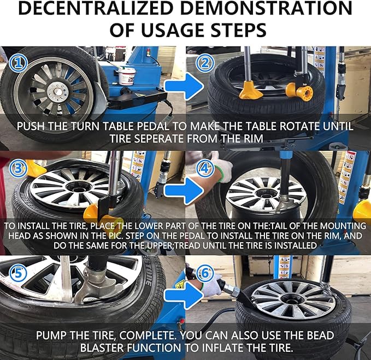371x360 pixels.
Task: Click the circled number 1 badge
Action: pyautogui.click(x=18, y=63)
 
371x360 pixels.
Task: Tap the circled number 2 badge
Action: pyautogui.click(x=205, y=63)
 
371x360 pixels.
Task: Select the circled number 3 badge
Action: pyautogui.click(x=18, y=168)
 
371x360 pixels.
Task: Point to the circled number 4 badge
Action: pyautogui.click(x=205, y=168)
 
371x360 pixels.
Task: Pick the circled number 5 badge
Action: pyautogui.click(x=18, y=273)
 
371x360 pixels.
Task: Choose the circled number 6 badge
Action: pyautogui.click(x=205, y=273)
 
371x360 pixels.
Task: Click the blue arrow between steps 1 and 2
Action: pyautogui.click(x=184, y=86)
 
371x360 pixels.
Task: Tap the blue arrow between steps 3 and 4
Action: pyautogui.click(x=184, y=191)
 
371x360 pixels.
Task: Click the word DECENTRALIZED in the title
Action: pyautogui.click(x=96, y=8)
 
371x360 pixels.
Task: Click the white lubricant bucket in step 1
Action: pyautogui.click(x=127, y=76)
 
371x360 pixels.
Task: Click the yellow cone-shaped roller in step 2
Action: pyautogui.click(x=251, y=90)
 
